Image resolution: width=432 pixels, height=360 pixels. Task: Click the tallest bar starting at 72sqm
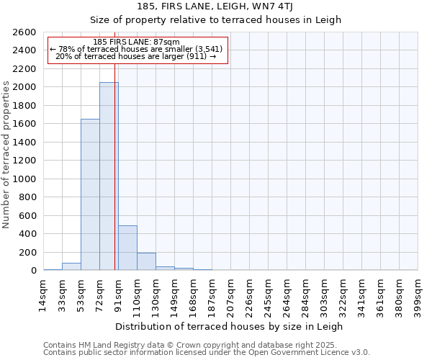click(109, 176)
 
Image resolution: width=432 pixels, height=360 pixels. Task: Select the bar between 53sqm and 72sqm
click(90, 194)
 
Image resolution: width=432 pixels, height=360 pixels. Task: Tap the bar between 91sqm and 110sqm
click(127, 248)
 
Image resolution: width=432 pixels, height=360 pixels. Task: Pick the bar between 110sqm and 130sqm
click(146, 261)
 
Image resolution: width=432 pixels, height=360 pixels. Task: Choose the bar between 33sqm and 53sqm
click(71, 266)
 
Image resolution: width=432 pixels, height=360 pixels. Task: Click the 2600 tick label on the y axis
click(24, 32)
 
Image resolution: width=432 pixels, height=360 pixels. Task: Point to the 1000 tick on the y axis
click(24, 179)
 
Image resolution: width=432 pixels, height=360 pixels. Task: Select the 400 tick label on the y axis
click(27, 234)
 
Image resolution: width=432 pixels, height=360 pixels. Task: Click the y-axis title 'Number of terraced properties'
click(6, 155)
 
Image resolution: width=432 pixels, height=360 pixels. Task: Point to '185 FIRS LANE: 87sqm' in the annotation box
click(137, 42)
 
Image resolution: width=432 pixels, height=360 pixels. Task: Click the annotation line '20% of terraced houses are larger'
click(135, 56)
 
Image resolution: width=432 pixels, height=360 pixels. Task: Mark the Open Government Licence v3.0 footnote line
click(207, 353)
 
